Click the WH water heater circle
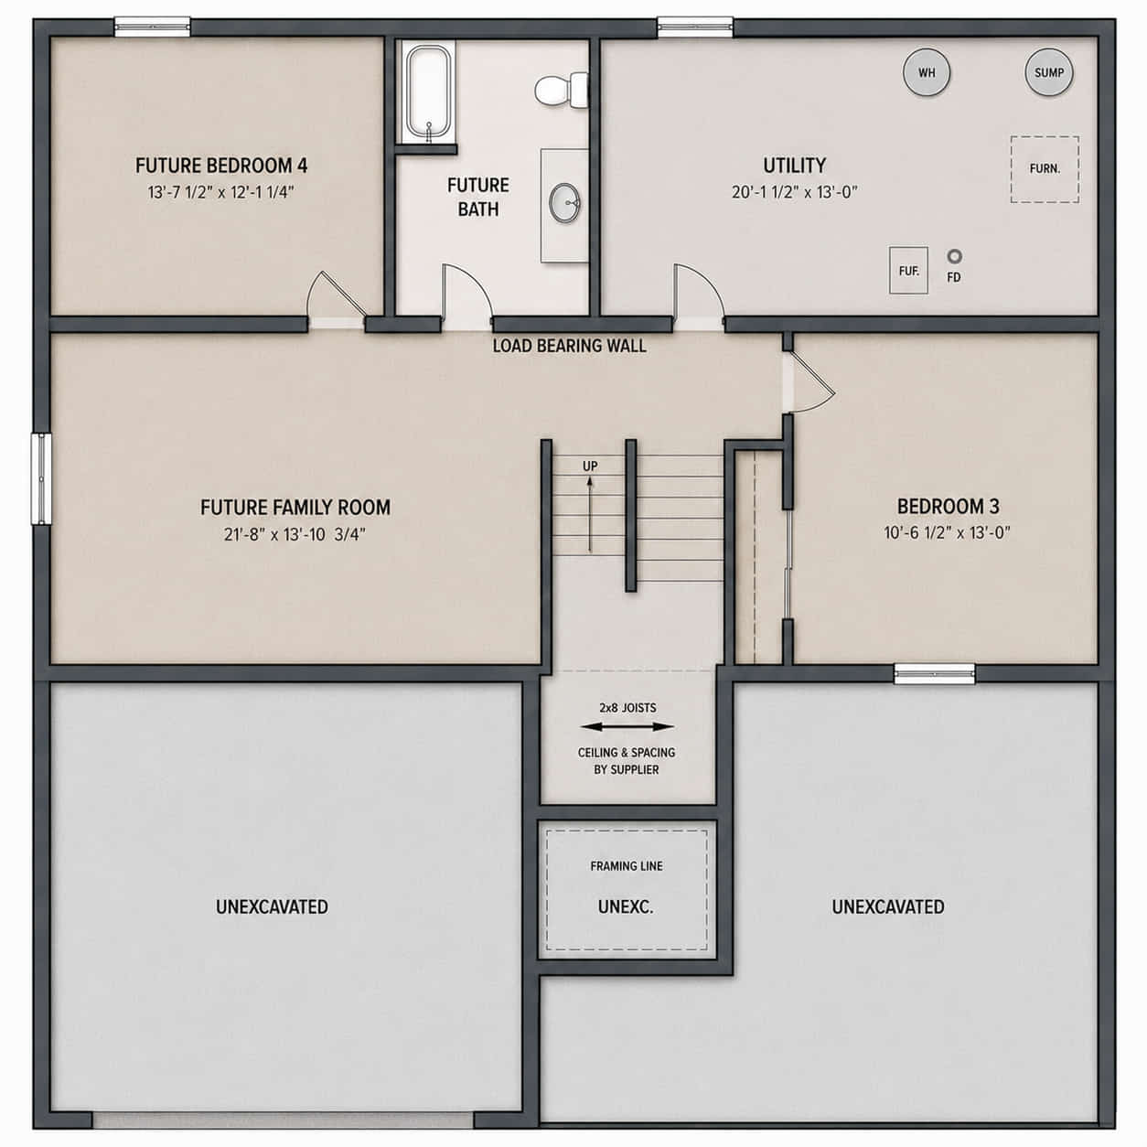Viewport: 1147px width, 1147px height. [927, 72]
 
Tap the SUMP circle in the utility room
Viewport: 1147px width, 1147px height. [1049, 72]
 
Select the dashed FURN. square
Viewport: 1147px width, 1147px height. [1045, 169]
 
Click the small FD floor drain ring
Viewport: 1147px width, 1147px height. [954, 256]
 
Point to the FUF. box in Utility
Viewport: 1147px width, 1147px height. [908, 270]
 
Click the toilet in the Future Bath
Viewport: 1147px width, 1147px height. [562, 90]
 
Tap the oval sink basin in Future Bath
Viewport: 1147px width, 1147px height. [563, 203]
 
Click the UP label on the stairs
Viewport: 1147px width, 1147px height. [590, 466]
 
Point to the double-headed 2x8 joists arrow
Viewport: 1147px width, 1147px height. [627, 727]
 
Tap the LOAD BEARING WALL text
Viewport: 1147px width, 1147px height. [569, 346]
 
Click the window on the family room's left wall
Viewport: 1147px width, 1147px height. [41, 478]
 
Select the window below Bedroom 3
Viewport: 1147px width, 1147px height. [935, 674]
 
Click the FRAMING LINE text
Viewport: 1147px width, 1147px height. [627, 866]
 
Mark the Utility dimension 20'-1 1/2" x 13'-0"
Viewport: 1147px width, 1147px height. [794, 192]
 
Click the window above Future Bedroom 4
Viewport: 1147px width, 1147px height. [153, 27]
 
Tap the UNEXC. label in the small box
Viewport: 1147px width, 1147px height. [626, 906]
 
